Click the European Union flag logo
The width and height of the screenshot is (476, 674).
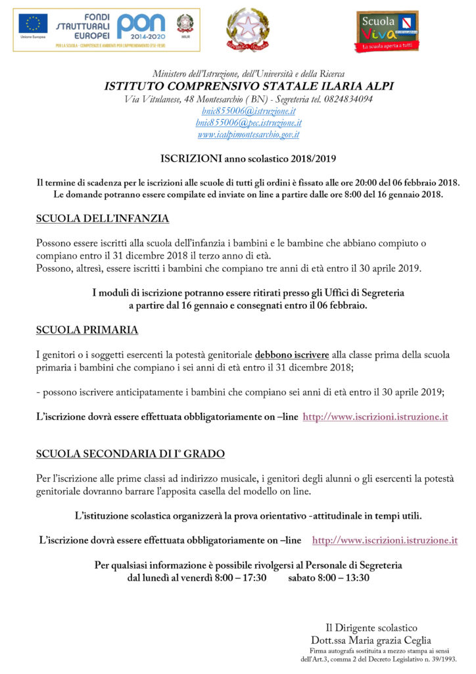[x=33, y=24]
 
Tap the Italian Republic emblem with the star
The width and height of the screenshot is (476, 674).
[x=247, y=30]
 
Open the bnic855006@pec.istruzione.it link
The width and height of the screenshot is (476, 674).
[x=249, y=122]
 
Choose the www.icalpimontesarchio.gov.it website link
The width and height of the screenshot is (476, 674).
[x=249, y=134]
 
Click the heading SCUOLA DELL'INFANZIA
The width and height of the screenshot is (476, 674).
[x=103, y=218]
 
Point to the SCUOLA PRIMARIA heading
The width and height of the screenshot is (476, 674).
[x=87, y=330]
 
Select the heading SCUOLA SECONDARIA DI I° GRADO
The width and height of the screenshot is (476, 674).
[x=130, y=454]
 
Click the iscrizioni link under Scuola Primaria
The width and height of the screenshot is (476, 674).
[x=375, y=417]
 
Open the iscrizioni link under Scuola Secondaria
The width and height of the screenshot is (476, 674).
[x=385, y=540]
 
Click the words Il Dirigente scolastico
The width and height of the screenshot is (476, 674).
[x=371, y=628]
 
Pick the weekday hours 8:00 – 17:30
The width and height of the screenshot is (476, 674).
[x=241, y=578]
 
